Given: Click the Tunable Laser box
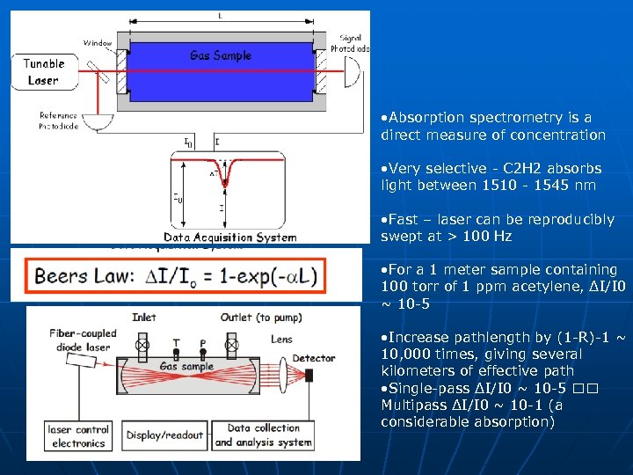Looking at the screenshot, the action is [43, 72].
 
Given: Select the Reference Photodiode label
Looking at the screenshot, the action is [59, 121].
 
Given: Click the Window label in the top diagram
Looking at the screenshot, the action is [98, 42].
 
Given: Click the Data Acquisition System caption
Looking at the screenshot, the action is [230, 237].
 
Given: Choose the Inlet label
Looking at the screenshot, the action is [144, 317].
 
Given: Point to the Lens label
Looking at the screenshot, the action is [282, 339].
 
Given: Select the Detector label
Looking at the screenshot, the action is [314, 358].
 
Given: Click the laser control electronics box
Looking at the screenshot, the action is [78, 436].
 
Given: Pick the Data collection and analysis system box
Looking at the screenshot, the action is [263, 435].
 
